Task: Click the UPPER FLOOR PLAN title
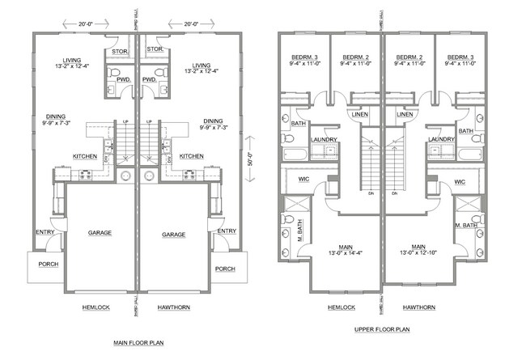point(382,330)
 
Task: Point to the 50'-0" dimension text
point(250,155)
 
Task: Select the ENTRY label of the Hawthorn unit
point(227,232)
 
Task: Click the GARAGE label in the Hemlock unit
point(100,233)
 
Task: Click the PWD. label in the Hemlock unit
point(124,80)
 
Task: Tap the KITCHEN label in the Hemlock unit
point(87,156)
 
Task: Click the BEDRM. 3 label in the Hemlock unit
point(303,58)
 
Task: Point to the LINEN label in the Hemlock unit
point(361,115)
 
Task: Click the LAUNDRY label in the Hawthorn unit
point(440,139)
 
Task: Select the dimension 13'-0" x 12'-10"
point(418,254)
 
